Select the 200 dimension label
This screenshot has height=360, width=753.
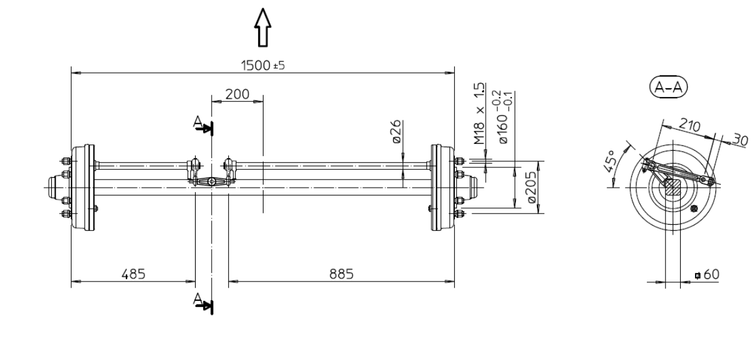click(237, 94)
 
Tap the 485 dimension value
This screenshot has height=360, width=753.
click(133, 274)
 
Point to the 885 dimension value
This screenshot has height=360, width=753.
click(340, 274)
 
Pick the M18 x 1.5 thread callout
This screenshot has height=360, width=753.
click(480, 114)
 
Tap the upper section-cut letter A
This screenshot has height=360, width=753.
click(198, 123)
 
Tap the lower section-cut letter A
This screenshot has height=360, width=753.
click(198, 298)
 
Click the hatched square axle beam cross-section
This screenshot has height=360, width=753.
click(675, 188)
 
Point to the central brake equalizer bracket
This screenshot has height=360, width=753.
click(212, 182)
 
